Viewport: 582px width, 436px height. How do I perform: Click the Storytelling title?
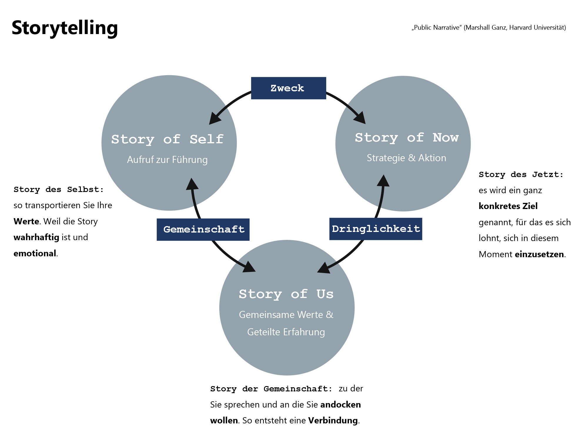click(65, 28)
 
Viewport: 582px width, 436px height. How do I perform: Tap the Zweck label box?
click(288, 88)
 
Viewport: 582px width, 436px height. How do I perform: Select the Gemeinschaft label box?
click(203, 229)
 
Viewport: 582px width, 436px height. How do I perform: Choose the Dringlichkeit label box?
click(376, 229)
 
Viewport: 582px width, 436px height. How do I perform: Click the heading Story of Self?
click(167, 139)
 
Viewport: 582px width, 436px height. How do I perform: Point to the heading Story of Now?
click(407, 137)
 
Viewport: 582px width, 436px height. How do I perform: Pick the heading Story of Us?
click(286, 294)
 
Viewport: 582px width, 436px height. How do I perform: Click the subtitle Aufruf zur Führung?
click(167, 160)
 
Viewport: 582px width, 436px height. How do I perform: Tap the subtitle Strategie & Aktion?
click(406, 158)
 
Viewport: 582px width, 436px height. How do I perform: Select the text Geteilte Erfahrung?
click(286, 332)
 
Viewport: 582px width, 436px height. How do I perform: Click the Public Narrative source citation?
click(489, 28)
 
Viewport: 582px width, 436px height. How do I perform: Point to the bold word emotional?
click(35, 253)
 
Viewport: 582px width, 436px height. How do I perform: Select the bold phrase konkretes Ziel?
click(508, 206)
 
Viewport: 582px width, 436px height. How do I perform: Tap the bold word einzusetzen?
click(539, 254)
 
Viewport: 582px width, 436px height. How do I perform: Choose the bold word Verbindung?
click(333, 420)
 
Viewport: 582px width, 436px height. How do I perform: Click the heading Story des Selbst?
click(58, 190)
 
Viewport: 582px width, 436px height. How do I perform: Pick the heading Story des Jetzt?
click(521, 175)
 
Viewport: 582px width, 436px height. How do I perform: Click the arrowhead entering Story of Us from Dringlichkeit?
click(324, 268)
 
